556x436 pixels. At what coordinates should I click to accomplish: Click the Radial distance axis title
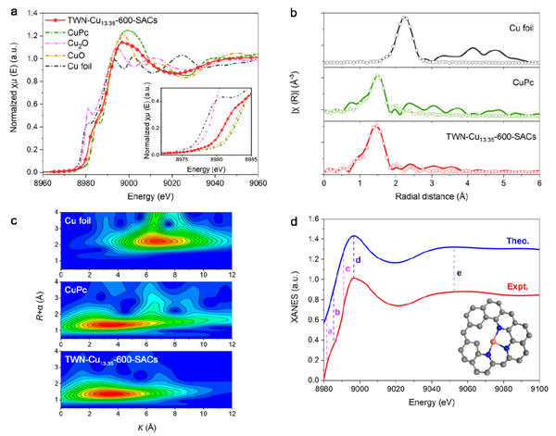(x=430, y=195)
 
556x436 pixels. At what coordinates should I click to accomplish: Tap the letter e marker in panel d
(x=458, y=273)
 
